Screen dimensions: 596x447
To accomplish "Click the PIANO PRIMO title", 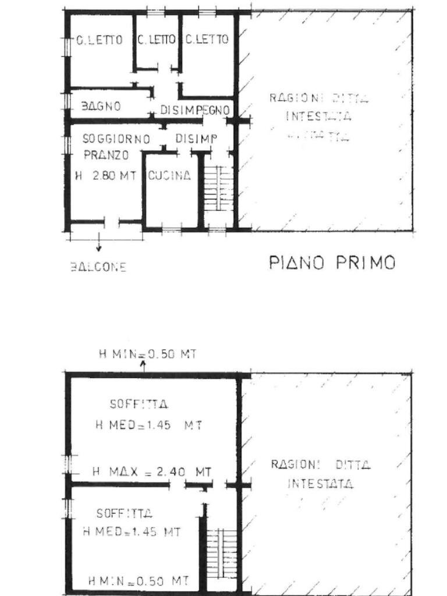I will pyautogui.click(x=332, y=262).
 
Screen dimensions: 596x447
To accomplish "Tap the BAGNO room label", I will pyautogui.click(x=101, y=107).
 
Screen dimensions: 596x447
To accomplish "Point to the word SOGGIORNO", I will pyautogui.click(x=116, y=139).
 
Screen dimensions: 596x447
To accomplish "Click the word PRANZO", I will pyautogui.click(x=106, y=155).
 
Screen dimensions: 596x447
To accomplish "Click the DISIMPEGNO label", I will pyautogui.click(x=196, y=110).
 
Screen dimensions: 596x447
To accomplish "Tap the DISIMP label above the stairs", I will pyautogui.click(x=196, y=139).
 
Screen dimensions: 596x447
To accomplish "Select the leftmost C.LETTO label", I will pyautogui.click(x=100, y=40).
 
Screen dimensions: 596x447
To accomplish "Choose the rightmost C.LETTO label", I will pyautogui.click(x=207, y=40).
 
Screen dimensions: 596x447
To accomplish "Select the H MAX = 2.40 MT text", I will pyautogui.click(x=151, y=471).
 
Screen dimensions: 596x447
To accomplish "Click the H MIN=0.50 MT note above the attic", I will pyautogui.click(x=147, y=354).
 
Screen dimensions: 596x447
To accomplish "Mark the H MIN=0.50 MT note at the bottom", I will pyautogui.click(x=138, y=580).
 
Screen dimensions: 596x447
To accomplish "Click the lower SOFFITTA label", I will pyautogui.click(x=125, y=513).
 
